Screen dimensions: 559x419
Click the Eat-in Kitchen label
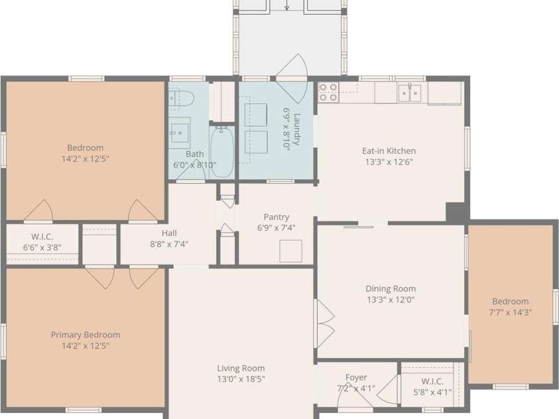(x=389, y=150)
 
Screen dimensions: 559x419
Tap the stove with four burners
(x=328, y=92)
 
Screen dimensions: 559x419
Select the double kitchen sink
(x=410, y=93)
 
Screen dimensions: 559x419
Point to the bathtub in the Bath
(x=221, y=152)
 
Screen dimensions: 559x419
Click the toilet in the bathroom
(x=181, y=97)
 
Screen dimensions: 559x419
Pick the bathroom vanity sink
(x=179, y=133)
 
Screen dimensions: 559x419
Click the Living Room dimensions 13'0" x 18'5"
(x=241, y=379)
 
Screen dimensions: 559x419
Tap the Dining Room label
(x=391, y=288)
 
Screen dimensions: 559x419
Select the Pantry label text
(x=277, y=217)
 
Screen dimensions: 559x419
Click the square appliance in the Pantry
(x=290, y=251)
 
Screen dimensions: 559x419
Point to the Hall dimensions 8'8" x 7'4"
(x=169, y=244)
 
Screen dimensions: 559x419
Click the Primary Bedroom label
(x=85, y=335)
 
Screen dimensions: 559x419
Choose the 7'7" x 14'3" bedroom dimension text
(x=511, y=312)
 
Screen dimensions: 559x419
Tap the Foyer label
(x=356, y=377)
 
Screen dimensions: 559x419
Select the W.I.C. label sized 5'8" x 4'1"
(x=432, y=381)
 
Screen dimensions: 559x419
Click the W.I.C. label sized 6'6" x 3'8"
(x=42, y=237)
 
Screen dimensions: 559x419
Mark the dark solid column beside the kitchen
(x=458, y=212)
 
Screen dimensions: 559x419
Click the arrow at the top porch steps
(x=287, y=5)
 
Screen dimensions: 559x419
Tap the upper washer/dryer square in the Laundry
(x=256, y=115)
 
